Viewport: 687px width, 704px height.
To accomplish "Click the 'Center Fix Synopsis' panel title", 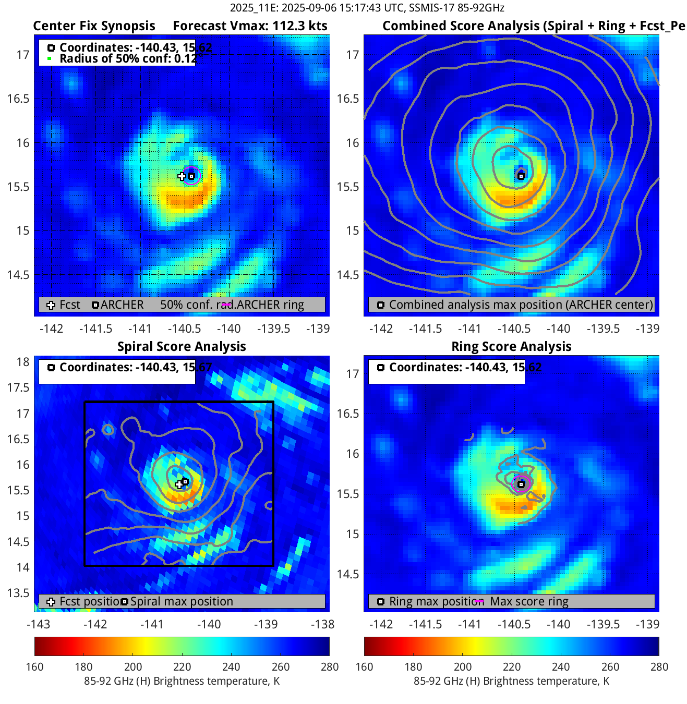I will point(94,26).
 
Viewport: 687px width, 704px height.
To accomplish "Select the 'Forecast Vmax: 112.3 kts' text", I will point(250,26).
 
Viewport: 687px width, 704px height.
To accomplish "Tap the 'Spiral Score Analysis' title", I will point(182,347).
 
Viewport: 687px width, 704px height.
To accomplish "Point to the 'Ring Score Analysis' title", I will point(511,347).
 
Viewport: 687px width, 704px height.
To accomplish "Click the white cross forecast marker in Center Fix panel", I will point(182,176).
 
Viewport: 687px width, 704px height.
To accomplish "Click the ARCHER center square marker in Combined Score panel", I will point(521,176).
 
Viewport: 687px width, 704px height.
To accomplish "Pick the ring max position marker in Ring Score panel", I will point(521,484).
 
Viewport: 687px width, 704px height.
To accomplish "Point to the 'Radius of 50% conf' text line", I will point(128,59).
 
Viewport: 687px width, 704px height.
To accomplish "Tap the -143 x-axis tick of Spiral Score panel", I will point(38,624).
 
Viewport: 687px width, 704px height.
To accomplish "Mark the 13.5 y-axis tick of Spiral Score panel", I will point(19,593).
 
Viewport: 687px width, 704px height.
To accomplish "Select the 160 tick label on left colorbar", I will point(34,667).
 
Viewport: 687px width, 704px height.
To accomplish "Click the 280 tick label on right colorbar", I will point(659,667).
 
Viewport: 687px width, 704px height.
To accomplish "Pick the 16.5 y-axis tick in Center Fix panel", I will point(18,99).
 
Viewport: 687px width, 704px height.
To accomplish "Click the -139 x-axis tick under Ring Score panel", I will point(647,624).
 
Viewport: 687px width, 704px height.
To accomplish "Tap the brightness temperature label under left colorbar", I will point(182,681).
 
